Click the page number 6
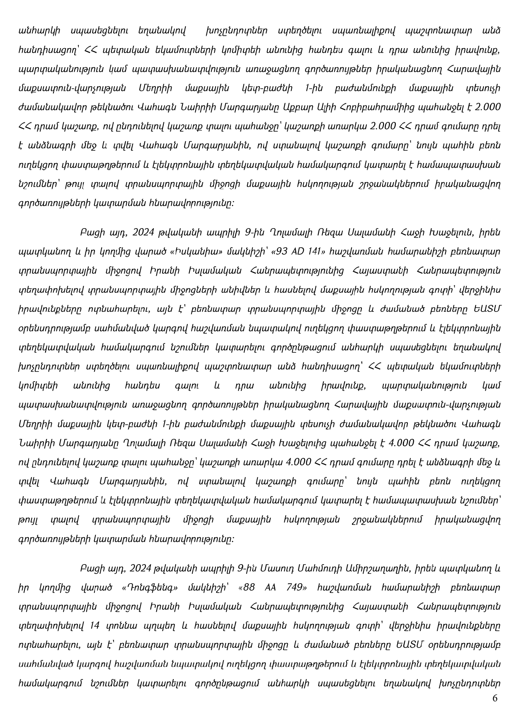point(495,698)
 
